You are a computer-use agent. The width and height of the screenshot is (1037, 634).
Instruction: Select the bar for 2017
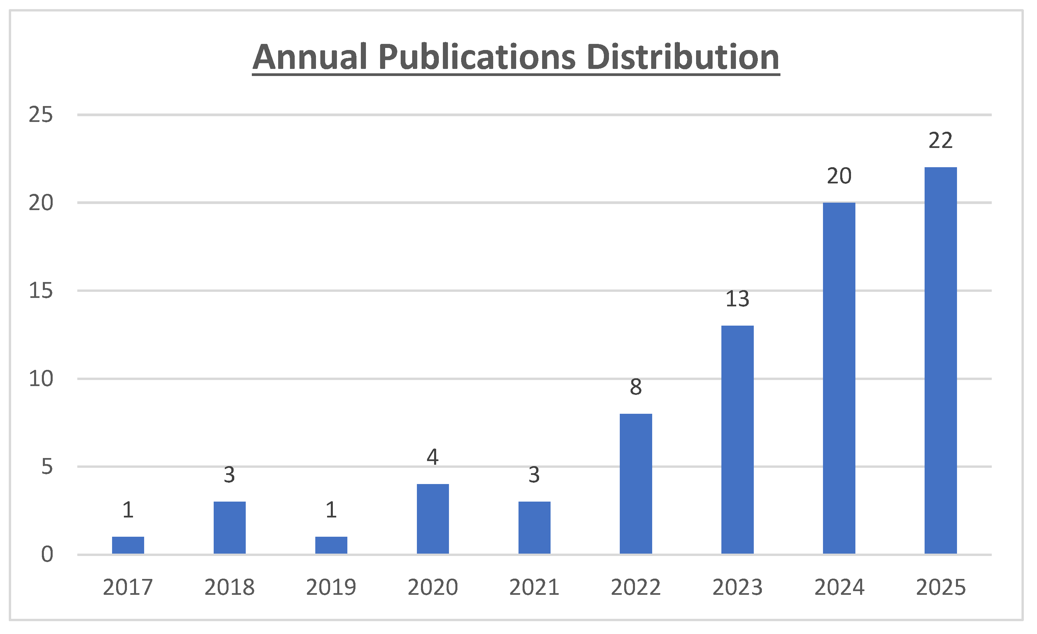click(x=128, y=546)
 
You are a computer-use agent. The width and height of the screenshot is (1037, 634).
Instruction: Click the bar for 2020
click(x=433, y=519)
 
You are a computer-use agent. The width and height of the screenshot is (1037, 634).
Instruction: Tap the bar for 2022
click(x=636, y=484)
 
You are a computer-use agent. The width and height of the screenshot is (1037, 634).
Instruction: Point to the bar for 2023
click(x=737, y=439)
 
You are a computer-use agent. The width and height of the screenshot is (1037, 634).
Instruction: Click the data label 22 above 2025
click(x=940, y=141)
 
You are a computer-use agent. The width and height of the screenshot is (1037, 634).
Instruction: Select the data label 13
click(x=737, y=299)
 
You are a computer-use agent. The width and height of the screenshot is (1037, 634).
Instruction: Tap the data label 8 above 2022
click(x=636, y=387)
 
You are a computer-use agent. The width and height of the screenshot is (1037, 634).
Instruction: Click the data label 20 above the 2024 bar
click(x=839, y=176)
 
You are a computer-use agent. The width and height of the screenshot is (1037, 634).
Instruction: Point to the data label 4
click(x=433, y=457)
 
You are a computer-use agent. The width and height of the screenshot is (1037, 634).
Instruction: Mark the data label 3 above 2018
click(x=229, y=475)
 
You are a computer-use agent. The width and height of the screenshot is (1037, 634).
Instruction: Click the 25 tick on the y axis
click(x=41, y=115)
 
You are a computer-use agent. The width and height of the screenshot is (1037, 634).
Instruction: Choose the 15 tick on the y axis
click(x=41, y=290)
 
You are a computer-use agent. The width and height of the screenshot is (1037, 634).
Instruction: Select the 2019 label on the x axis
click(x=331, y=587)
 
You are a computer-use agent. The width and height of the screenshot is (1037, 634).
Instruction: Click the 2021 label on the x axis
click(x=534, y=587)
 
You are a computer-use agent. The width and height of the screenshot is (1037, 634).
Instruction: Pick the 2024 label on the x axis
click(x=839, y=587)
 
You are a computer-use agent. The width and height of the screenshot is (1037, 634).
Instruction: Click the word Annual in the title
click(x=311, y=57)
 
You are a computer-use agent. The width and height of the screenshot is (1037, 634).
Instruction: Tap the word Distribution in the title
click(x=683, y=57)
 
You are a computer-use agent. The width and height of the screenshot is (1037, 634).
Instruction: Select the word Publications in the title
click(x=477, y=57)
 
